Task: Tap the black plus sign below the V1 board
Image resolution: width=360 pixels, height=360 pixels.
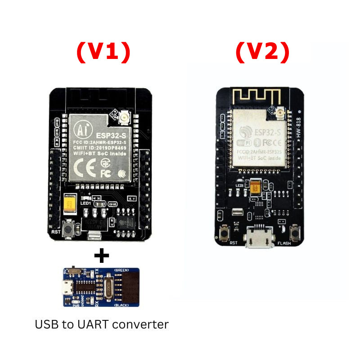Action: coord(102,256)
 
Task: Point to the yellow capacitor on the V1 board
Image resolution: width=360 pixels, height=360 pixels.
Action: coord(70,205)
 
